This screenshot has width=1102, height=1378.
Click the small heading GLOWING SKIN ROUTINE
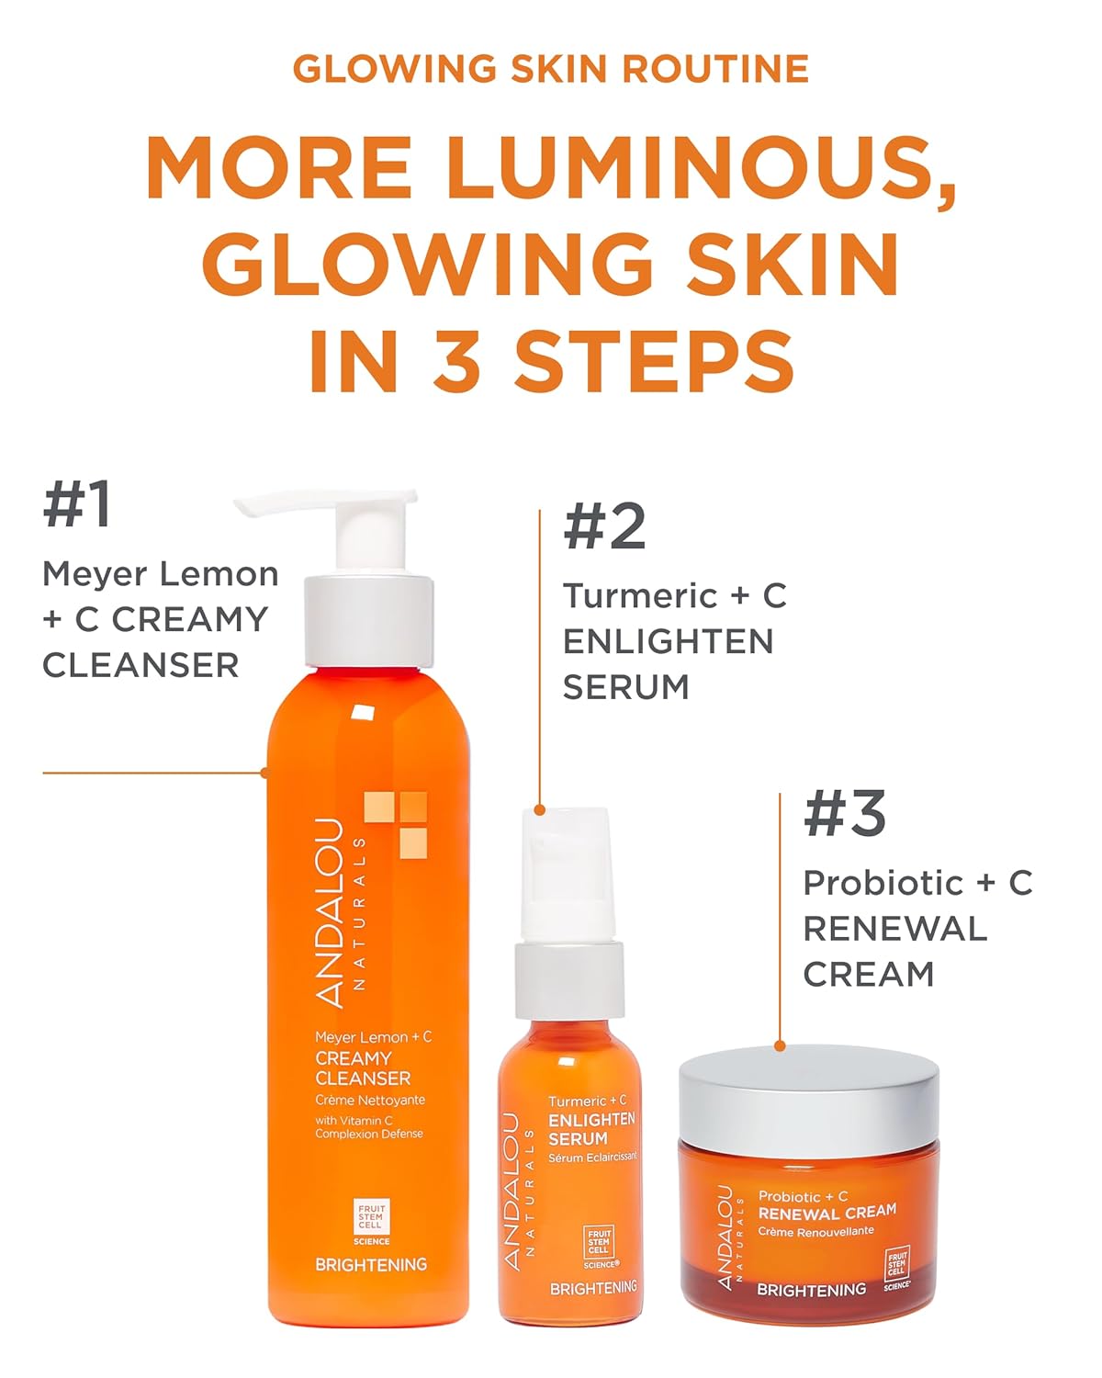coord(551,69)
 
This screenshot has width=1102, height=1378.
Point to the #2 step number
coord(605,526)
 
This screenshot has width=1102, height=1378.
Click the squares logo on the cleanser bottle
coord(396,823)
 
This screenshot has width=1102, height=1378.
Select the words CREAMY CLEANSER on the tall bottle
coord(363,1068)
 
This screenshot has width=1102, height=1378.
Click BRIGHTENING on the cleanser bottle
coord(371,1265)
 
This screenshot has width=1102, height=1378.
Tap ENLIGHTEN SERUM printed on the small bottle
coord(591,1129)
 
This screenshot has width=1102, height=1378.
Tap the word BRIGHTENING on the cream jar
coord(811,1290)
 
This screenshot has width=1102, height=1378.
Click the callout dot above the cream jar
coord(780,1045)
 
